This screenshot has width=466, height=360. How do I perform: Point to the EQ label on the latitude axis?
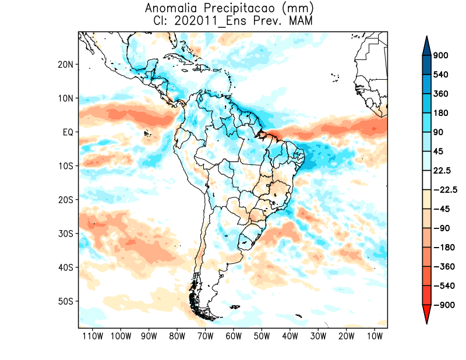click(68, 132)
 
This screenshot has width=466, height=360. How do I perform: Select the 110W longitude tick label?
click(93, 336)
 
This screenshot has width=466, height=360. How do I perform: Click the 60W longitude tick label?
click(234, 336)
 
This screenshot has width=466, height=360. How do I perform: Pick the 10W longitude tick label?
click(375, 336)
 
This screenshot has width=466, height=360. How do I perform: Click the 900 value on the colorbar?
click(440, 56)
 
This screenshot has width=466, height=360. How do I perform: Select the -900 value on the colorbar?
click(442, 305)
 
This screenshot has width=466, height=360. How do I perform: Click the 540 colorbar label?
click(440, 75)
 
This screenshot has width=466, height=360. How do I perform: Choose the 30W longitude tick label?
click(318, 336)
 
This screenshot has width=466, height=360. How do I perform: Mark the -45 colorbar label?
click(442, 209)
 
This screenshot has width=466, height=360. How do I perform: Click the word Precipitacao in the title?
click(246, 9)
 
